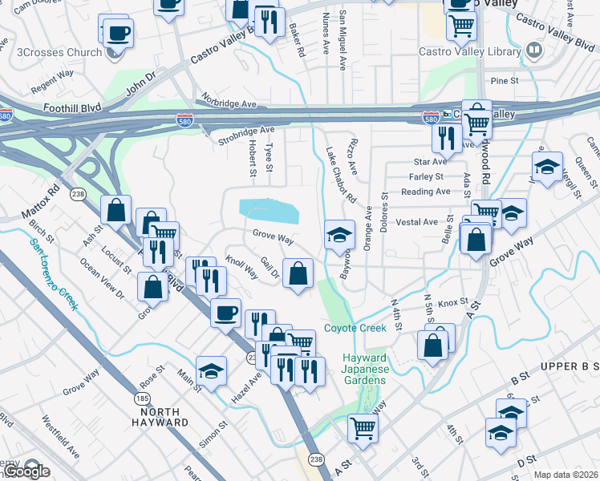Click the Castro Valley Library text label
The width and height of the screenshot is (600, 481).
click(470, 52)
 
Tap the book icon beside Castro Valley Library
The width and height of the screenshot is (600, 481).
click(533, 52)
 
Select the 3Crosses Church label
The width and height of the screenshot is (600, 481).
click(59, 53)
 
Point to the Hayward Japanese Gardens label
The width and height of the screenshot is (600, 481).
click(365, 369)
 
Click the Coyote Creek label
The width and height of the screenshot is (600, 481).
click(355, 328)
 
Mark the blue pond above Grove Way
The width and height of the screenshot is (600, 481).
click(268, 212)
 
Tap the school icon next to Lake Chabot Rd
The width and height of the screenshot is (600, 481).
click(339, 234)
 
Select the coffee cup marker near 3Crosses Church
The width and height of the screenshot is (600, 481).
click(118, 34)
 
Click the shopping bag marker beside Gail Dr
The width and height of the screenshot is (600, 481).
click(298, 273)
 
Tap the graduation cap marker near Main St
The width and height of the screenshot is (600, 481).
click(211, 370)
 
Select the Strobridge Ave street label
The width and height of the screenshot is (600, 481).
click(246, 135)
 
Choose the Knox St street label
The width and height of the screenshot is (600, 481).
click(452, 302)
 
